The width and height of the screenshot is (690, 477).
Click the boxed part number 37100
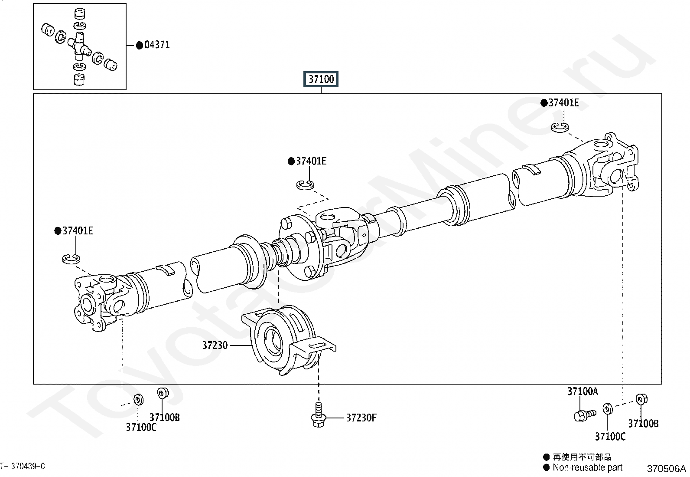tap(321, 79)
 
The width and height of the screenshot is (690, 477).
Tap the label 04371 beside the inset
tap(157, 45)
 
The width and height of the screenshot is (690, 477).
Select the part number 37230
tap(215, 345)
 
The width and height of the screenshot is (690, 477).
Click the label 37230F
tap(361, 418)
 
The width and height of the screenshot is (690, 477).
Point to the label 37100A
tap(583, 391)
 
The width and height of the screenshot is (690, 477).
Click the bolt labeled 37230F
tap(318, 415)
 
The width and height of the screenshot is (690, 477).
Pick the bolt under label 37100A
tap(585, 415)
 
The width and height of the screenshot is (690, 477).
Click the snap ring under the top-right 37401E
tap(560, 127)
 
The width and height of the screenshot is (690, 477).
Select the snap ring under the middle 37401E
tap(305, 185)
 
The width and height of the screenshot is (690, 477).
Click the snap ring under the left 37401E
tap(71, 259)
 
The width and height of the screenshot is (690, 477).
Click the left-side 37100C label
tap(141, 428)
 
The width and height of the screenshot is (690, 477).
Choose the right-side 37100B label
tap(643, 424)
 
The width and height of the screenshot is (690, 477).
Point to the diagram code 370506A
tap(666, 469)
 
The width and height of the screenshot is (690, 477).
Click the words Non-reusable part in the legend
tap(587, 468)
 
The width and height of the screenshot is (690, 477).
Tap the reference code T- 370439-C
tap(23, 466)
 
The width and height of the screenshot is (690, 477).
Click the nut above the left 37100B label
tap(163, 393)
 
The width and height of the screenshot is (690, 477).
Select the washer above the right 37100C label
tap(608, 409)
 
